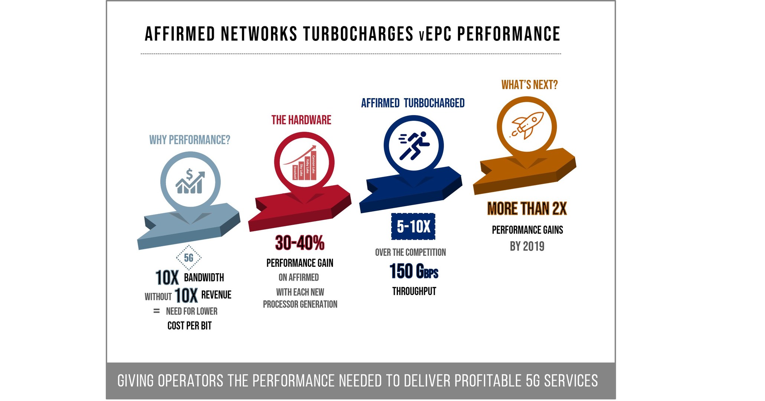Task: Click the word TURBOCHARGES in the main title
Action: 358,34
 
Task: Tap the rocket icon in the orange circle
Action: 527,125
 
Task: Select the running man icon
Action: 414,145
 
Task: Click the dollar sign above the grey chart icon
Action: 189,174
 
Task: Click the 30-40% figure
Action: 300,243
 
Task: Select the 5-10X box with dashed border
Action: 413,226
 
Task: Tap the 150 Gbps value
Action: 413,271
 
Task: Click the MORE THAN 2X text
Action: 527,209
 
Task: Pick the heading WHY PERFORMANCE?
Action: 190,140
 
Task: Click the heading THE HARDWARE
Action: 301,120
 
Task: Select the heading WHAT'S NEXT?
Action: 529,85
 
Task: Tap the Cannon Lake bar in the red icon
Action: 313,165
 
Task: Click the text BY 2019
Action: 527,246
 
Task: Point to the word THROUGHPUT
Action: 414,291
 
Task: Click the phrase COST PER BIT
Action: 189,326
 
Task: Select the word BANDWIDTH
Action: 204,278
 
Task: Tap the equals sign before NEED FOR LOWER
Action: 157,311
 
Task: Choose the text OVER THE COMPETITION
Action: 410,253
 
